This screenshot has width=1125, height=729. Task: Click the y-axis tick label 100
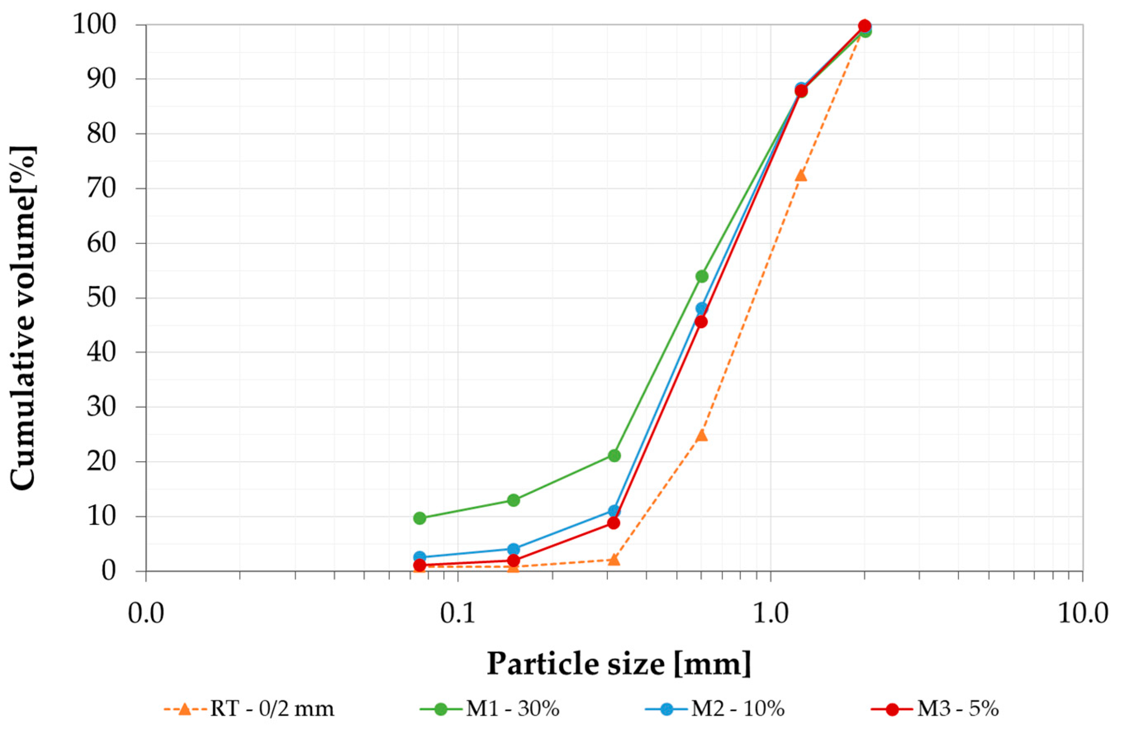coord(95,25)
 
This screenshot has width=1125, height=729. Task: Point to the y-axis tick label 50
coord(101,298)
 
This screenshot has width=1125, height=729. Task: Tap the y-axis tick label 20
coord(101,461)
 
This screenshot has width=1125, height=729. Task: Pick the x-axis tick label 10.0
coord(1082,614)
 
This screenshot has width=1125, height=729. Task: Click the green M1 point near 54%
coord(702,276)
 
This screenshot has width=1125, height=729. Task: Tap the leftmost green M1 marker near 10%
coord(419,518)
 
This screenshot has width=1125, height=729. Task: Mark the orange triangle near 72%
coord(801,176)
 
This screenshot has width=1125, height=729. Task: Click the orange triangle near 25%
coord(702,435)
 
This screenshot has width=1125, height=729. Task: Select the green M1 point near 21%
coord(614,456)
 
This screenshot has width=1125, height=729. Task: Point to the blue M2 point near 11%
coord(614,511)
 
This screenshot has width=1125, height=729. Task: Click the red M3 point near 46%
coord(701,322)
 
